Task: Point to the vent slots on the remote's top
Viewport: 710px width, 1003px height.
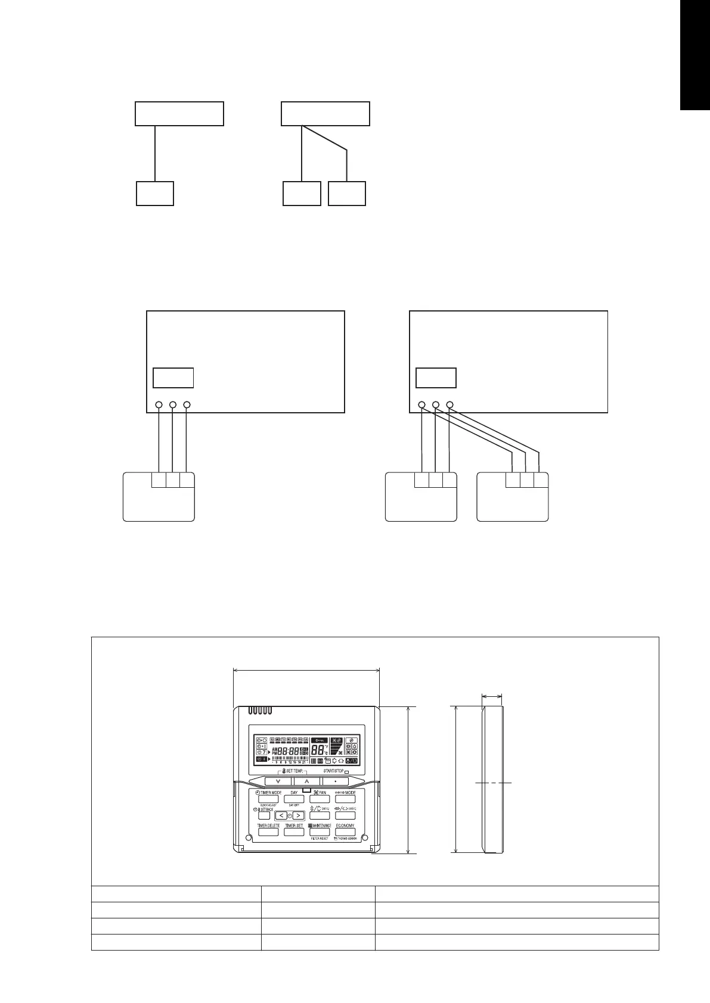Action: point(261,711)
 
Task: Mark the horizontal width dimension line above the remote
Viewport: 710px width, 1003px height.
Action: point(306,669)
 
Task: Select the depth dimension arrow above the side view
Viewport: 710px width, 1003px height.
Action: point(492,695)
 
